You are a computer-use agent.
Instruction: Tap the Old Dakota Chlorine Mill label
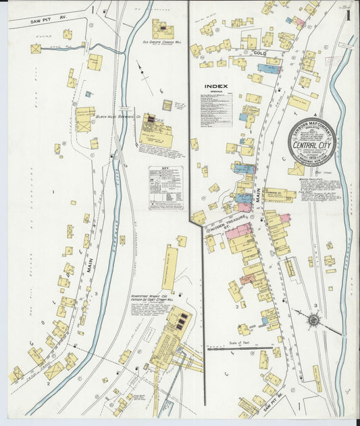161,43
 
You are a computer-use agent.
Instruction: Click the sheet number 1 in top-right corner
347,14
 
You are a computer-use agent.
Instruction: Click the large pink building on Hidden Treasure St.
238,233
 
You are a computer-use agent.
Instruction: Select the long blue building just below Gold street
268,69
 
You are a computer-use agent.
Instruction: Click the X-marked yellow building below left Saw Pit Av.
35,49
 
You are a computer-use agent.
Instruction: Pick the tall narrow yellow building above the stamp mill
169,267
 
